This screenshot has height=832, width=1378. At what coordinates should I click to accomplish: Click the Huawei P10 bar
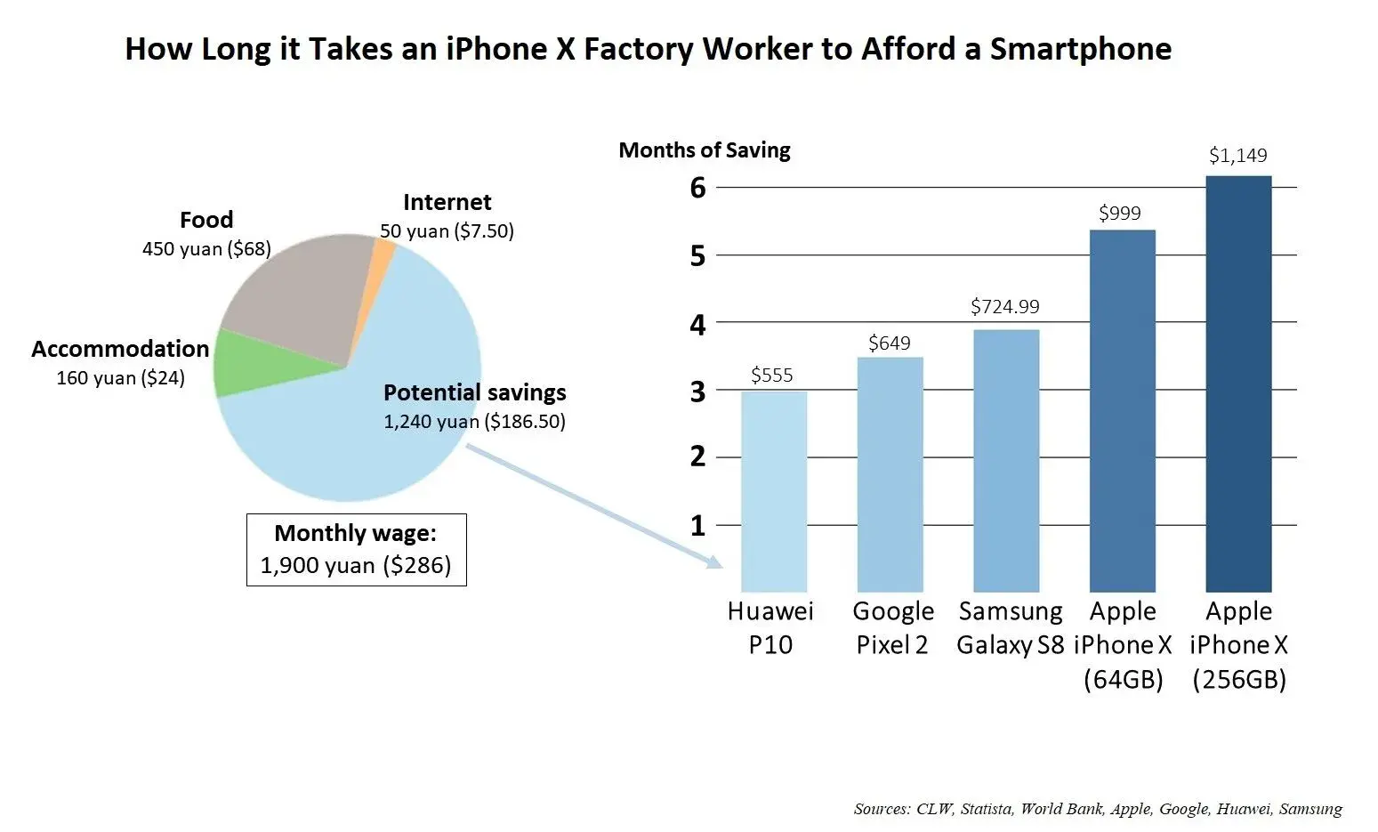tap(773, 491)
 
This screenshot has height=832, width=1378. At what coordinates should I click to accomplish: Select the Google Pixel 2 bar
tap(890, 474)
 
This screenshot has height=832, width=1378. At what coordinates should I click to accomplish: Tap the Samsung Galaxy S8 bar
tap(1006, 460)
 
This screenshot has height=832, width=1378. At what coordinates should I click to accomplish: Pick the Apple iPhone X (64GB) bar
tap(1122, 410)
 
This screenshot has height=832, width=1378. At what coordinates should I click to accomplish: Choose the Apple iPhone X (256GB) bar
tap(1238, 384)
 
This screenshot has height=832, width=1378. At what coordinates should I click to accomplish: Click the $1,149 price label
tap(1237, 156)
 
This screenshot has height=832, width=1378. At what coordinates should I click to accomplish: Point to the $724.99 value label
tap(1004, 307)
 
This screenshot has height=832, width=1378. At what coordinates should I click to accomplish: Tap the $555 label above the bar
tap(771, 376)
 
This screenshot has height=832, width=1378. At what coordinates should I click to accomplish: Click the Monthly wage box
tap(356, 549)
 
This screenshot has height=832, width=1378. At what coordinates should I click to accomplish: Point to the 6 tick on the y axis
tap(698, 188)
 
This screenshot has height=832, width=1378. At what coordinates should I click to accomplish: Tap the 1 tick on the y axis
tap(698, 526)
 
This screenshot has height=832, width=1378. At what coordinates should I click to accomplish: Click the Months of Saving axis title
tap(704, 150)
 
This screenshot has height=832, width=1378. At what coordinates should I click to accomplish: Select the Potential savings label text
tap(474, 392)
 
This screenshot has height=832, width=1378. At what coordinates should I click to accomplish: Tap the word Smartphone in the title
tap(1080, 49)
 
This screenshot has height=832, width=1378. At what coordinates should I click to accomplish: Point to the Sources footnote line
tap(1097, 809)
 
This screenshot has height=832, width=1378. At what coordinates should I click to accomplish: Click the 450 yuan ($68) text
tap(206, 249)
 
